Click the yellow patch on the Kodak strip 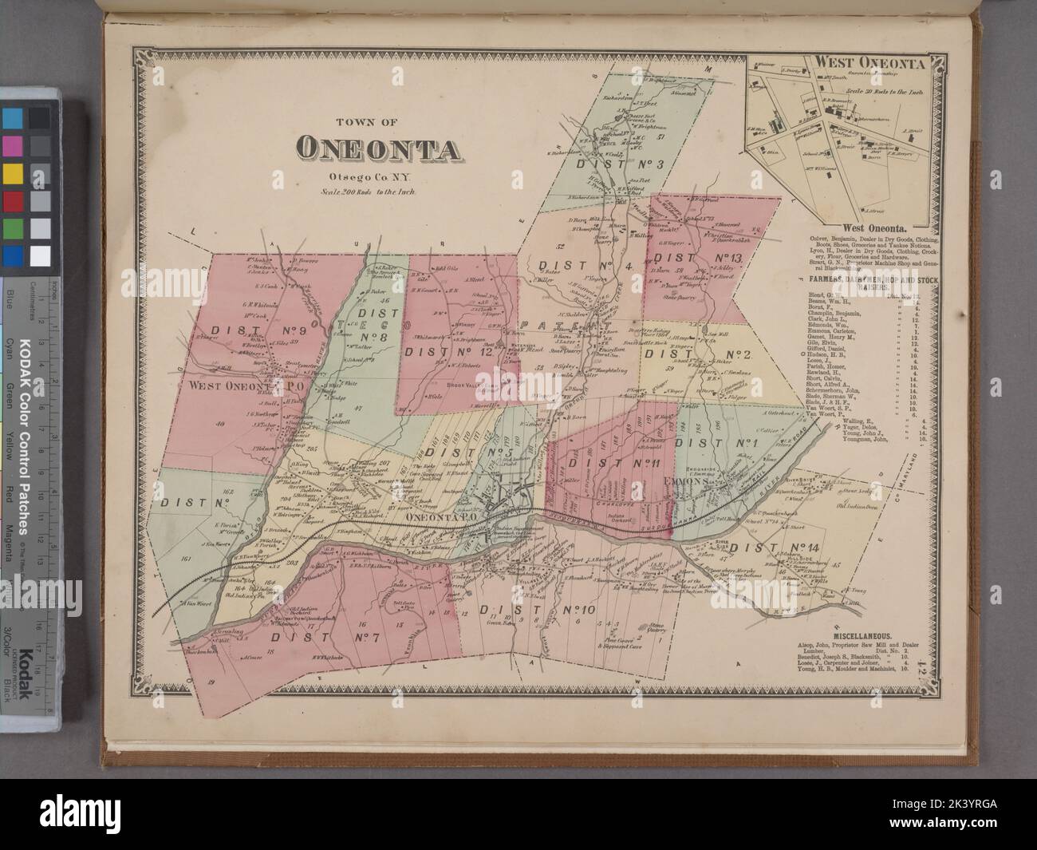click(13, 174)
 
